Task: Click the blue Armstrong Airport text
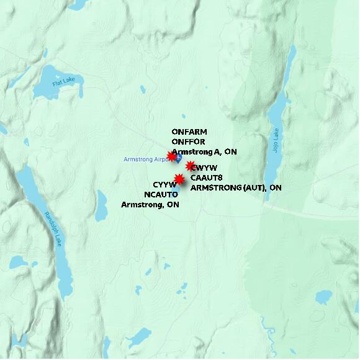click(x=145, y=160)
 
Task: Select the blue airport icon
click(x=178, y=158)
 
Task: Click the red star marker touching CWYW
click(x=190, y=166)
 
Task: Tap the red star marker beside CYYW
click(x=179, y=179)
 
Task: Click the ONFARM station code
click(x=189, y=132)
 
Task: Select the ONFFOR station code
click(x=188, y=142)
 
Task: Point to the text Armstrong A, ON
click(x=204, y=152)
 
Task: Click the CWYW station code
click(x=204, y=168)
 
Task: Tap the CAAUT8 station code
click(x=207, y=178)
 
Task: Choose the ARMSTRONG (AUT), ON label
click(x=236, y=187)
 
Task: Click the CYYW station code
click(x=164, y=185)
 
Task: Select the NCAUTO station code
click(x=161, y=194)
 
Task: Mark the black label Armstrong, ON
click(x=150, y=204)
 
